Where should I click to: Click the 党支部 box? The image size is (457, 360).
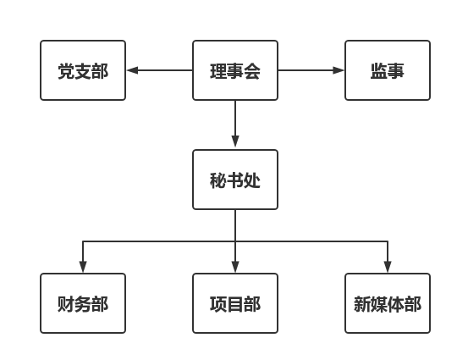point(83,70)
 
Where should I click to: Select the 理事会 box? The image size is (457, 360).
point(235,70)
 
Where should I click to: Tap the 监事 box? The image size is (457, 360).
point(388,70)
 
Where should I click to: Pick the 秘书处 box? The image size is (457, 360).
point(235,180)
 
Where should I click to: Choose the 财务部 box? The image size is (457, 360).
point(83,303)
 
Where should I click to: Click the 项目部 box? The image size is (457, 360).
point(235,303)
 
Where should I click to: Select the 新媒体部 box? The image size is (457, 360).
point(388,303)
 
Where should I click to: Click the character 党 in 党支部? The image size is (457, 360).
point(67,71)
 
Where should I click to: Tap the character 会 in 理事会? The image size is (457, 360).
point(252,71)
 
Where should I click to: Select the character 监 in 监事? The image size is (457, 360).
point(379,71)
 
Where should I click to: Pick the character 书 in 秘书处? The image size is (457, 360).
point(235,180)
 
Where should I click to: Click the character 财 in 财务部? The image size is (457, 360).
point(66,304)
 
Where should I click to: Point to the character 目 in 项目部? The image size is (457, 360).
point(235,304)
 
